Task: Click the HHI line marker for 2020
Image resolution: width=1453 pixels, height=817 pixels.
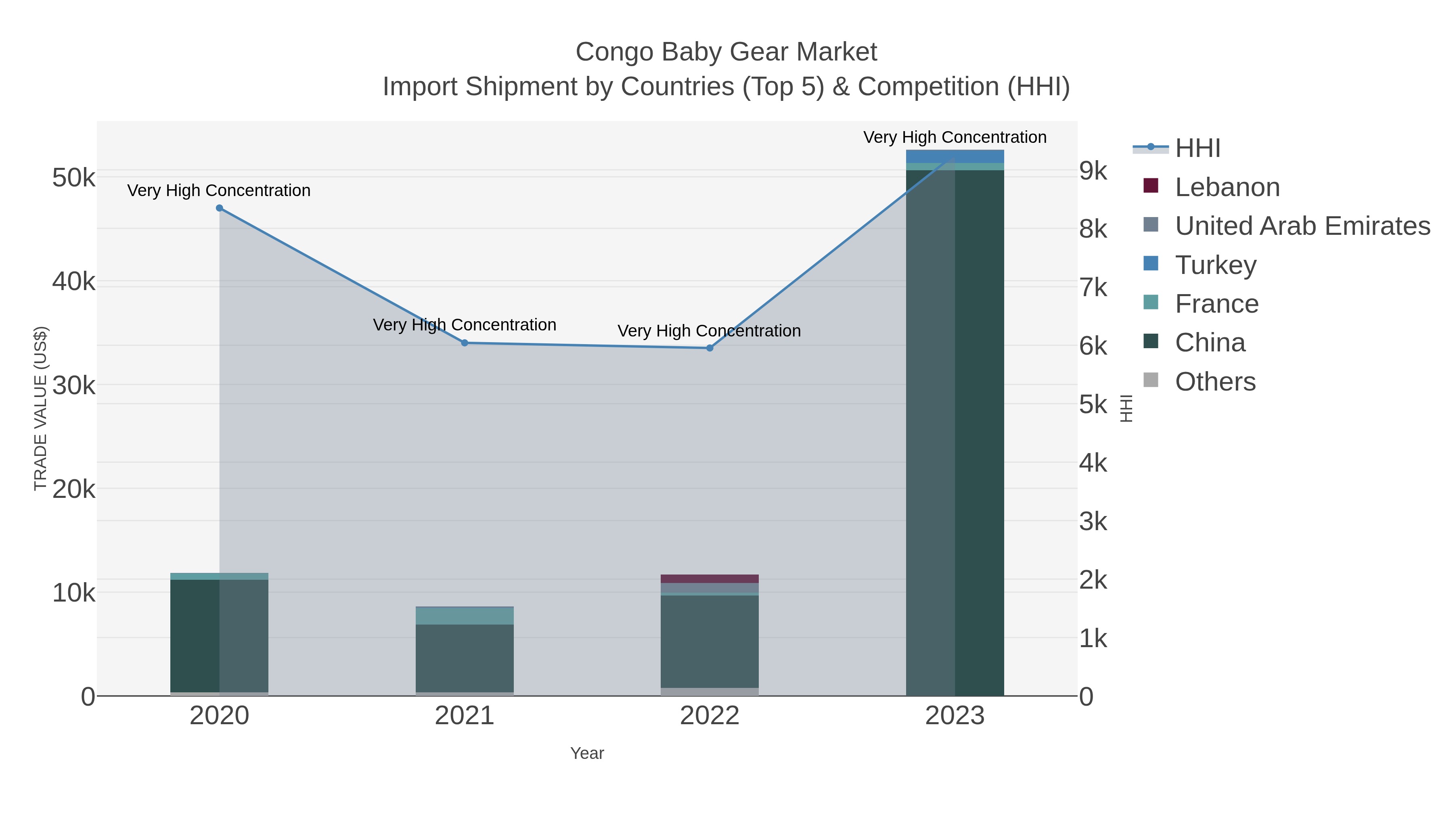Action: pos(220,208)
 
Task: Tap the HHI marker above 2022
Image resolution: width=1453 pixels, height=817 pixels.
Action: pos(710,348)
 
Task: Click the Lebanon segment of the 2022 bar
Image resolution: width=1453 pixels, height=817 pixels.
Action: pos(710,579)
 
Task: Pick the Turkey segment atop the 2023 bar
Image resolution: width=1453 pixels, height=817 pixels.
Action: pos(955,156)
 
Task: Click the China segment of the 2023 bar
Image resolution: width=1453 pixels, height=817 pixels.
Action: pos(955,428)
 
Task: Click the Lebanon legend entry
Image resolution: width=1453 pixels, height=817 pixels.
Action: pos(1227,187)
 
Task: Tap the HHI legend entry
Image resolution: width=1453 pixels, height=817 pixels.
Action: pos(1198,148)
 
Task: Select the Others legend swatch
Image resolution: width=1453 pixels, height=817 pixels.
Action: pos(1151,380)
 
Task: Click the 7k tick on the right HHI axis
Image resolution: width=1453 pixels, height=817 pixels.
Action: pos(1093,288)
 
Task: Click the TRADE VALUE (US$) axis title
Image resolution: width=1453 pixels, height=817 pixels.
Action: pos(41,408)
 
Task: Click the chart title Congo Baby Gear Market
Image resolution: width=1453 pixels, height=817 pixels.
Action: pos(726,52)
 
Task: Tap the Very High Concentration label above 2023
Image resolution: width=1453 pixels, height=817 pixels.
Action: pos(955,137)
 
